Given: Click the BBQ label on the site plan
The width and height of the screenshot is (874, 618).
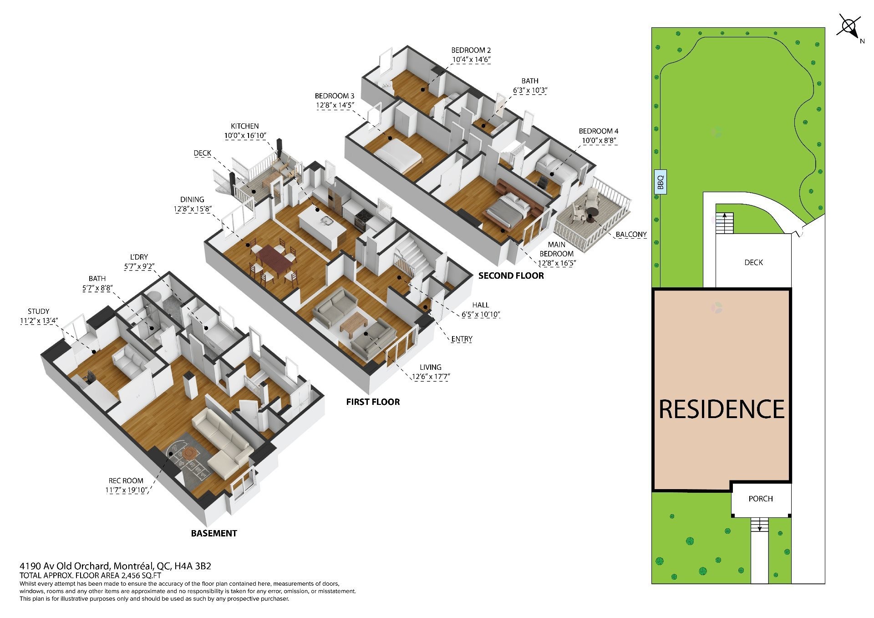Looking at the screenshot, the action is pyautogui.click(x=661, y=182).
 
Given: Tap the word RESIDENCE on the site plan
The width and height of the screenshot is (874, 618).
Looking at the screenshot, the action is pyautogui.click(x=722, y=409).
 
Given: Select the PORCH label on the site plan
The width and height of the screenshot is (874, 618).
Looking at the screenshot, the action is pyautogui.click(x=761, y=499).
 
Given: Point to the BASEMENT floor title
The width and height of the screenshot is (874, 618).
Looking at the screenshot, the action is pyautogui.click(x=214, y=533).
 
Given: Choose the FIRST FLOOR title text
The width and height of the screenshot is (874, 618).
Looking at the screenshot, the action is pyautogui.click(x=373, y=402).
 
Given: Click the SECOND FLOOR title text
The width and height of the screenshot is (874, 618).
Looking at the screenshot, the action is pyautogui.click(x=511, y=276).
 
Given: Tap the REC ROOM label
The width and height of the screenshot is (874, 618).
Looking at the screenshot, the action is pyautogui.click(x=126, y=480).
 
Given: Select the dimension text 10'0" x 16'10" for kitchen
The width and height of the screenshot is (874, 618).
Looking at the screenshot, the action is pyautogui.click(x=245, y=135).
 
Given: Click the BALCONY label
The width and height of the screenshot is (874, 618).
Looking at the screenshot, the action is pyautogui.click(x=631, y=235).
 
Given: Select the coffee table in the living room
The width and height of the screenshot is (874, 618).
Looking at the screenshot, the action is pyautogui.click(x=354, y=325).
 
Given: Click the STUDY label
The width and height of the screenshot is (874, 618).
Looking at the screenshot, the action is pyautogui.click(x=38, y=312).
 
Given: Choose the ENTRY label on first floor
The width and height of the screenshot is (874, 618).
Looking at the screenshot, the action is pyautogui.click(x=462, y=339).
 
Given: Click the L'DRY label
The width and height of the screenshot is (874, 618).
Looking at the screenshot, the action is pyautogui.click(x=138, y=257).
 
